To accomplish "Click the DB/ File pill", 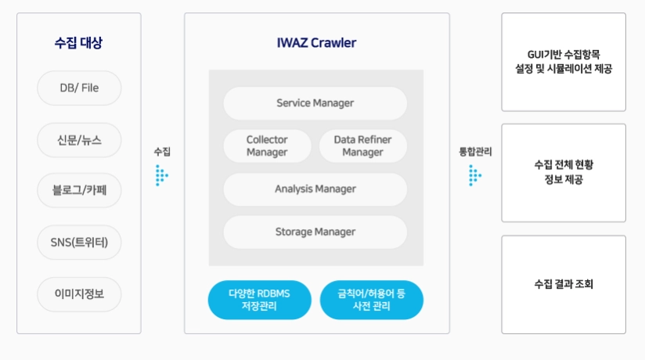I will point(79,88).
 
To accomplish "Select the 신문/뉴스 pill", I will point(79,140).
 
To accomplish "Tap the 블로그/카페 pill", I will point(79,191).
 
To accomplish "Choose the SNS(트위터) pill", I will point(79,243).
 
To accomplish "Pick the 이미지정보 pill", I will point(79,294).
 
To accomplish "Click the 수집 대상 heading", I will point(79,43).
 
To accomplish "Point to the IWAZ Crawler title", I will point(316,43).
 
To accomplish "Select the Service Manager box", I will point(315,103).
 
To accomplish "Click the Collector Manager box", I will point(267,146).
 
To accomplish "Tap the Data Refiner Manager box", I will point(363,146).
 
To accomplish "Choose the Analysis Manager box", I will point(315,189).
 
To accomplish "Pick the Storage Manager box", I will point(315,232).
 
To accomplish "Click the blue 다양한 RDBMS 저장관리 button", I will point(259,300).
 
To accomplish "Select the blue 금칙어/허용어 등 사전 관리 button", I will point(371,300).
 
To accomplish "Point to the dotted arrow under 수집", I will point(161,175).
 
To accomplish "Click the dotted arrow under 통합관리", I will point(474,175).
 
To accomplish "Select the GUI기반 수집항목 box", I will point(563,62).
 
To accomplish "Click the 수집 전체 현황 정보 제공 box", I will point(563,173).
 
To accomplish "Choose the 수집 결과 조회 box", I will point(563,284).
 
